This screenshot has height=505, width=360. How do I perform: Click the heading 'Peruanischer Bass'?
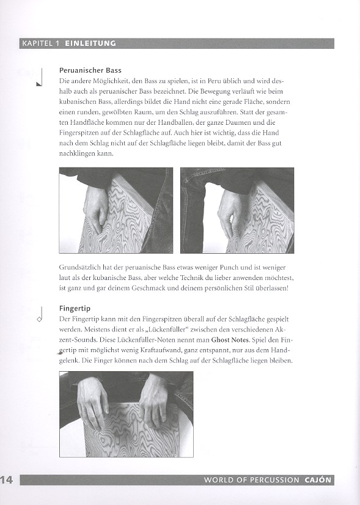90,70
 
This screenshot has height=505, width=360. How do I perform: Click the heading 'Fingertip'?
75,309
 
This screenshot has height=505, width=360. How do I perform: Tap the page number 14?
7,480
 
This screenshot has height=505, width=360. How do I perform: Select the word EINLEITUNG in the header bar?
90,43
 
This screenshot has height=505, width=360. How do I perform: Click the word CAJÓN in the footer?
318,480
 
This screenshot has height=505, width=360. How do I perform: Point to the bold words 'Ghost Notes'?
230,340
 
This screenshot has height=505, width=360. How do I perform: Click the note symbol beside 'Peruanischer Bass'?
40,78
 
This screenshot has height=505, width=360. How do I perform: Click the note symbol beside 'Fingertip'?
40,315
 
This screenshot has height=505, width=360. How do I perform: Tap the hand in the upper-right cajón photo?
230,213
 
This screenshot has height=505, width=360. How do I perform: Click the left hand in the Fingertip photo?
93,397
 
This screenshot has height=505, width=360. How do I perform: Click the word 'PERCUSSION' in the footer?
274,480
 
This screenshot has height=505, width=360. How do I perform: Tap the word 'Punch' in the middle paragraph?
229,267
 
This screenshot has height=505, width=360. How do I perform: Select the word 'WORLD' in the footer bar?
215,480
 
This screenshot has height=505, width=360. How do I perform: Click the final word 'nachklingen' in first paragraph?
77,153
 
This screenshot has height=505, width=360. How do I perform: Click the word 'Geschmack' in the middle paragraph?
148,288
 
